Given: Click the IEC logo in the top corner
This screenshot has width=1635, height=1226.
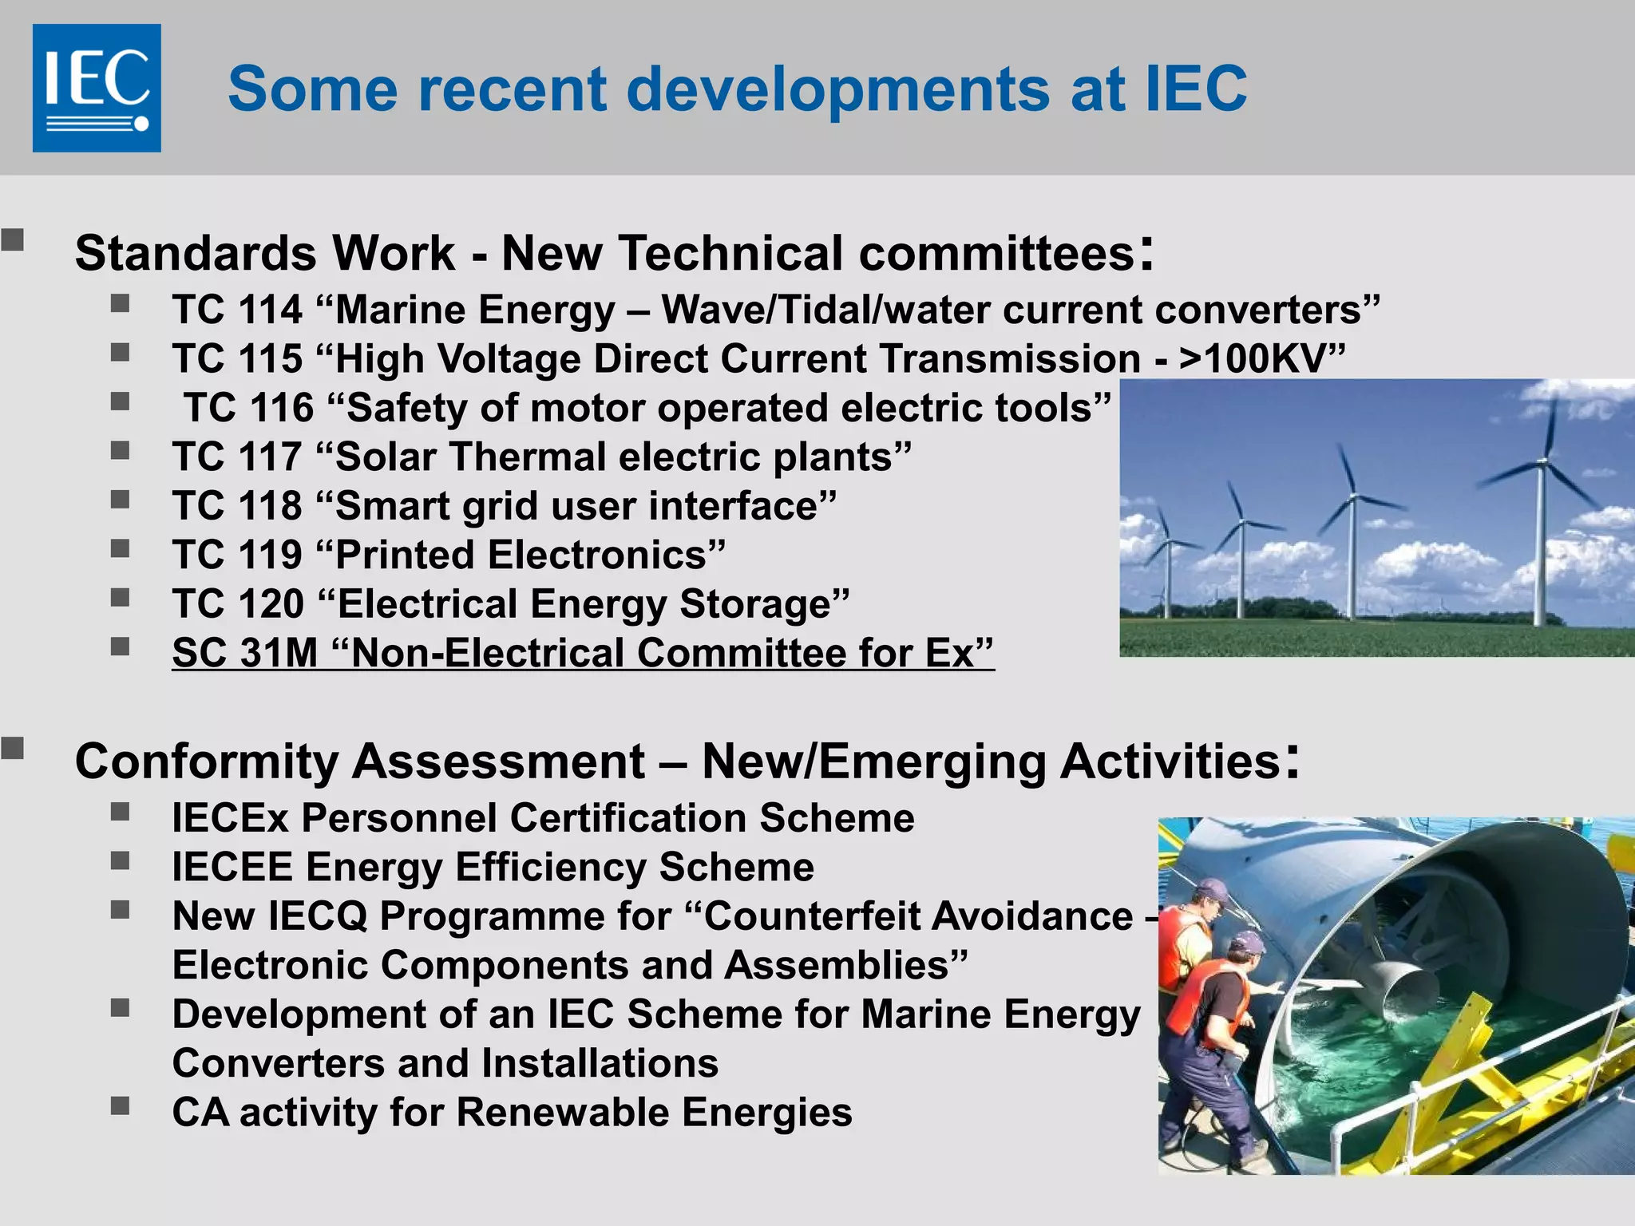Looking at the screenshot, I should [x=97, y=88].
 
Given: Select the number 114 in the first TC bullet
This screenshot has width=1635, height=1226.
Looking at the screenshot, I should [x=271, y=310].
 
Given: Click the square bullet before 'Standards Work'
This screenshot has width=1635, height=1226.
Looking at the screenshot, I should [x=12, y=239].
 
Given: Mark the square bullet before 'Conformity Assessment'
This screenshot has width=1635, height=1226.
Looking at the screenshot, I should [x=12, y=748].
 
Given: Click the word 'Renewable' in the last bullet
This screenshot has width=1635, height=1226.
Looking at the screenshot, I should [x=562, y=1113].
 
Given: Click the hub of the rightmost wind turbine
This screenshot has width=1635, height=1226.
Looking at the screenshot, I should [x=1544, y=461].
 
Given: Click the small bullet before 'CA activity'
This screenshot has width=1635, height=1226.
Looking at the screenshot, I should [x=121, y=1105].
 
